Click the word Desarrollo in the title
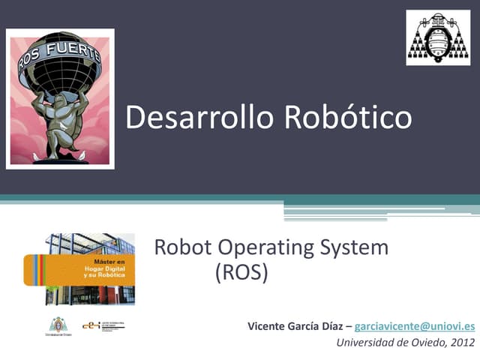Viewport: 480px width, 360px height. coord(195,118)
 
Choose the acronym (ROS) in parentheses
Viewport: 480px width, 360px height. coord(241,272)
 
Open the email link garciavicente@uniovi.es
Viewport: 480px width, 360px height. coord(414,326)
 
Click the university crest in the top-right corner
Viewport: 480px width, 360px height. coord(438,37)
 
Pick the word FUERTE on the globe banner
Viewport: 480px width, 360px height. coord(73,50)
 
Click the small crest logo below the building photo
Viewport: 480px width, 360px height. coord(58,326)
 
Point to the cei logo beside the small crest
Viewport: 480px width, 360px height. coord(91,325)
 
